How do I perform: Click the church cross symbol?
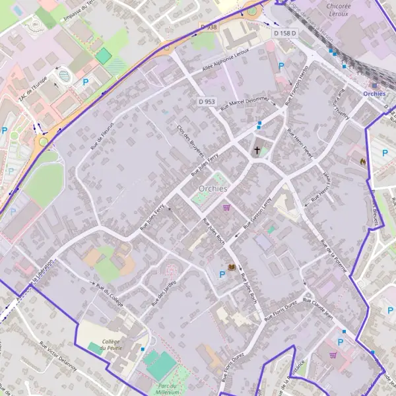click(x=257, y=150)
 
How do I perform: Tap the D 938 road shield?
click(x=208, y=27)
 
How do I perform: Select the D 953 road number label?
click(x=207, y=102)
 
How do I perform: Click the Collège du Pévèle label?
click(x=109, y=345)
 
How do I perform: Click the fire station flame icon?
click(x=362, y=160)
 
